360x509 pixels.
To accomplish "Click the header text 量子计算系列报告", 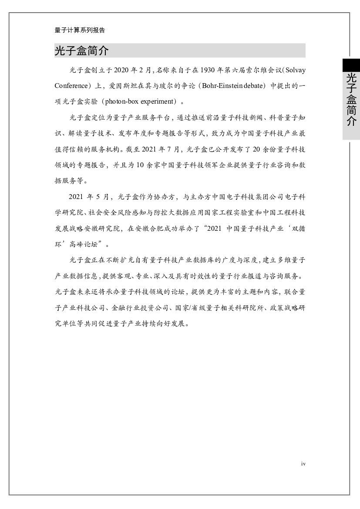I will (80, 30).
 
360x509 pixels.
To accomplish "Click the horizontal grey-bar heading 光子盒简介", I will (81, 51).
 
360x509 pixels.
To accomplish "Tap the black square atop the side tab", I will (351, 65).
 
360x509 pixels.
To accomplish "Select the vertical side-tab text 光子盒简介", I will (351, 99).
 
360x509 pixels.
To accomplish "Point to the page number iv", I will (303, 464).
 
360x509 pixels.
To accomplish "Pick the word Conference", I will (71, 86).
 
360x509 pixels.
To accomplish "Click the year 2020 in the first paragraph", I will (122, 70).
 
